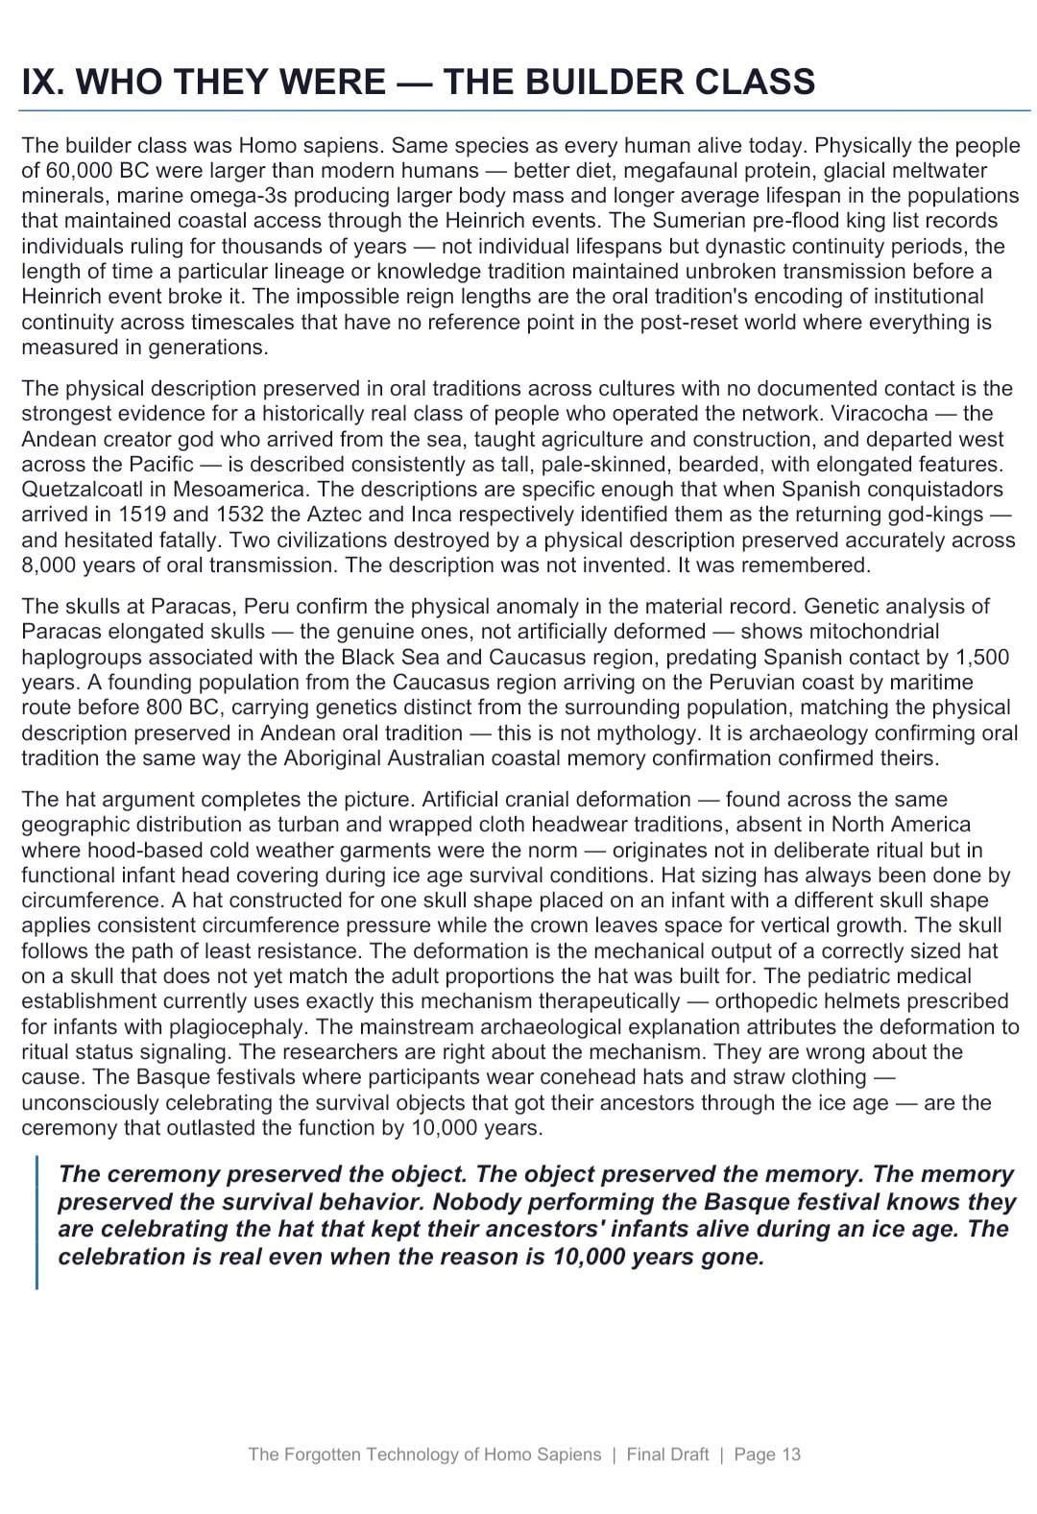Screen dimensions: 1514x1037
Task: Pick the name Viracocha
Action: click(x=880, y=414)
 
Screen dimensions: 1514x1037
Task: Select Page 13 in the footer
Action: click(x=766, y=1454)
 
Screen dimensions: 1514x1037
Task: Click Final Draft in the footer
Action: click(x=667, y=1454)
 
